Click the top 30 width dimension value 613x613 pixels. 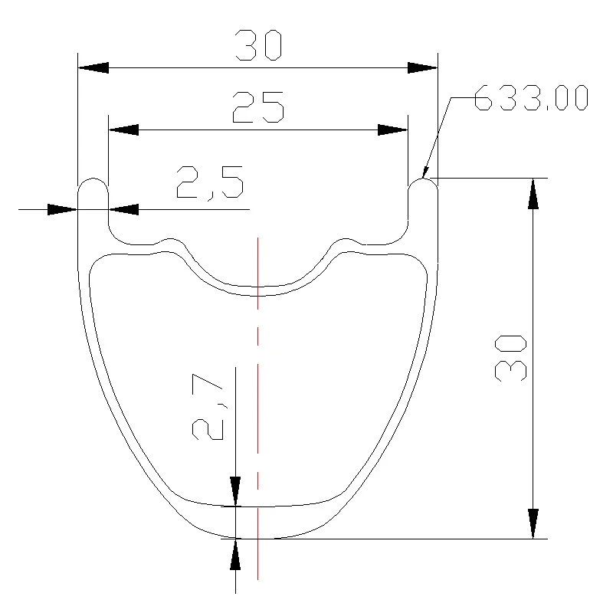(x=259, y=45)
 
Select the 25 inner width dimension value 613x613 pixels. (x=258, y=107)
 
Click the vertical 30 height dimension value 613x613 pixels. (x=511, y=357)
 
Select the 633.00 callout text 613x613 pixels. (x=530, y=98)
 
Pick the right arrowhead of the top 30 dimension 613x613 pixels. (x=422, y=68)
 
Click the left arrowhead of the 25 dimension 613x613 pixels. (x=123, y=130)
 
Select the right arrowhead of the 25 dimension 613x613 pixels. (x=393, y=130)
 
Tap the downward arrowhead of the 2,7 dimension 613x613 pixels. (x=235, y=491)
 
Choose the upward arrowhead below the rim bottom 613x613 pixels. (x=235, y=554)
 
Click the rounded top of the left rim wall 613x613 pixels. (x=93, y=184)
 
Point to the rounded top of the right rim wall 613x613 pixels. (x=422, y=184)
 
